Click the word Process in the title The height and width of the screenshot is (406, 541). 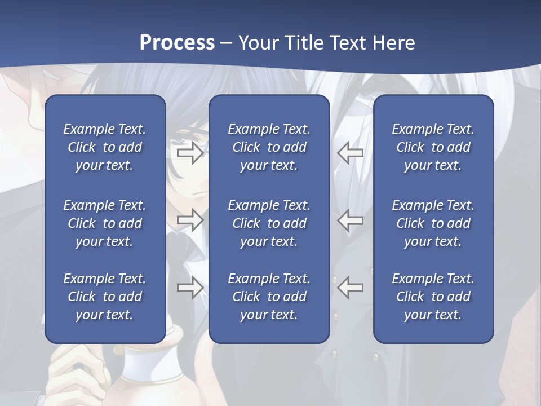177,43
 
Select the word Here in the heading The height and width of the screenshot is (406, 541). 393,43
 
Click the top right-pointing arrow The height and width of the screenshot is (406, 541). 190,153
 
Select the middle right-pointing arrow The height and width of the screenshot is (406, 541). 190,220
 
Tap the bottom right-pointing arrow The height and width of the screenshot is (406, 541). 190,288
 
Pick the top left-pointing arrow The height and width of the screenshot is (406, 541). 351,153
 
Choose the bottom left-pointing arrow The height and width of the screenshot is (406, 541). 351,288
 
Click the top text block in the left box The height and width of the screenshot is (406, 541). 105,147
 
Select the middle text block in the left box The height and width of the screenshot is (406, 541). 105,223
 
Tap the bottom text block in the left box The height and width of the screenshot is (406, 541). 105,297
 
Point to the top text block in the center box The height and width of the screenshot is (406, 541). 269,147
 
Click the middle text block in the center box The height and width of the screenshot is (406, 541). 269,223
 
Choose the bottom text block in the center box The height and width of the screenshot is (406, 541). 269,297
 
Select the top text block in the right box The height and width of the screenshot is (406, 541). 433,147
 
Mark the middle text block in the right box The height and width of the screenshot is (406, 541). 433,223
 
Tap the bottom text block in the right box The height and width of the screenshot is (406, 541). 433,297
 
